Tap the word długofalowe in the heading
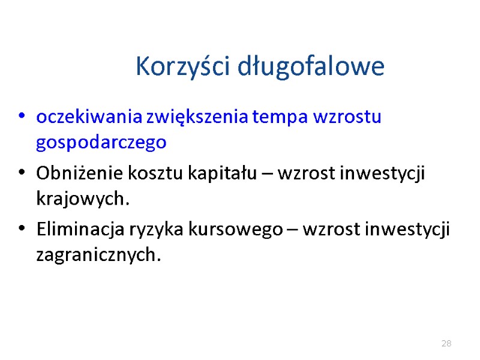311,66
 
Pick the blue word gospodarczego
101,143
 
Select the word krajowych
83,199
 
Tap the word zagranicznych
99,256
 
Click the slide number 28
446,344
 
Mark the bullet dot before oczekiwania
22,116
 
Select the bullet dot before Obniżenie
22,173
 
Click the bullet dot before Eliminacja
22,229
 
